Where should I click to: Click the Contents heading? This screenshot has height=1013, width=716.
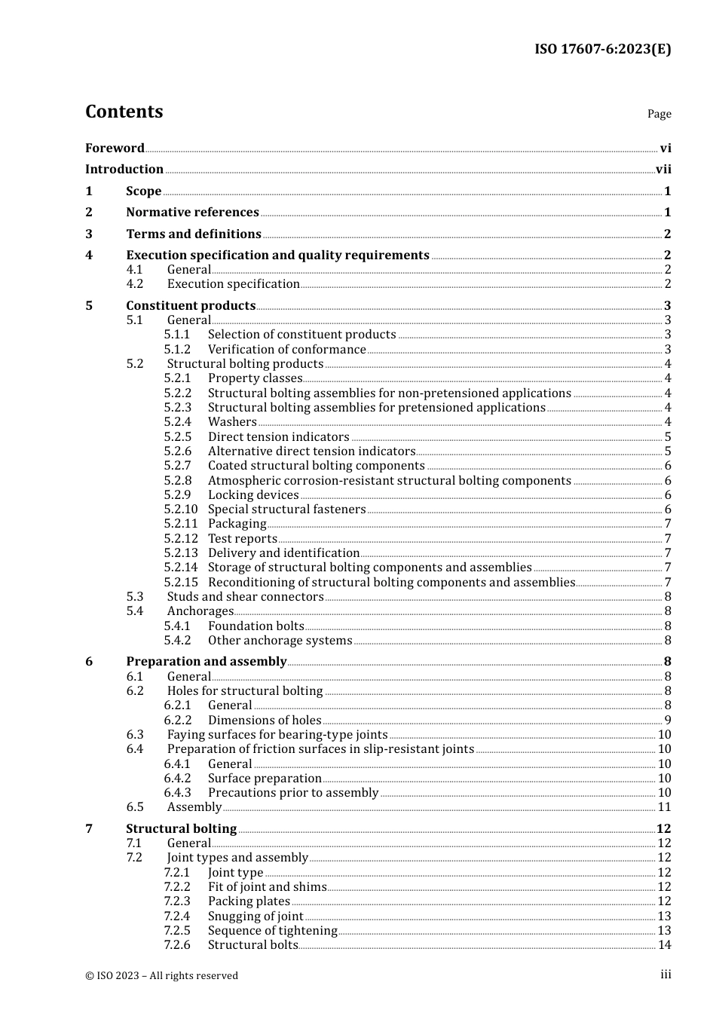(x=124, y=112)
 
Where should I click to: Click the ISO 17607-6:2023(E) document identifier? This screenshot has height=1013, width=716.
(x=602, y=49)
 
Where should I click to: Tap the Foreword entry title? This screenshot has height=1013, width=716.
(x=115, y=148)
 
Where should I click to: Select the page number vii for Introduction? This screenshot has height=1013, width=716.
(x=663, y=170)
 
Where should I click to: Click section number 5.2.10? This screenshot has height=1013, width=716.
(x=181, y=510)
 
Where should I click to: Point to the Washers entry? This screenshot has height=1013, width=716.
(x=232, y=422)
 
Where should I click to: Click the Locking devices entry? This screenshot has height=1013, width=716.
(x=253, y=495)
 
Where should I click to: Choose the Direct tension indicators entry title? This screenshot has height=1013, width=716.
(x=278, y=437)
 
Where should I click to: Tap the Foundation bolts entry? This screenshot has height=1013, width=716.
(x=255, y=626)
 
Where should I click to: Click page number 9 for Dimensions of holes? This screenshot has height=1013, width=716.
(x=668, y=721)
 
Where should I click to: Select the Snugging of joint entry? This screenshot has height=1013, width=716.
(x=255, y=917)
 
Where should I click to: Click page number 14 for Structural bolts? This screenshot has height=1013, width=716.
(x=664, y=945)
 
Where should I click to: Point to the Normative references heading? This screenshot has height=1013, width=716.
(x=192, y=213)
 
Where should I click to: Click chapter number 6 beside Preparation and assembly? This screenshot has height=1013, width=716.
(x=89, y=662)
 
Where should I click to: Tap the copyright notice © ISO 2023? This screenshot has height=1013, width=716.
(x=161, y=975)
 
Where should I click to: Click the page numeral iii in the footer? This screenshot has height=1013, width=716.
(x=666, y=975)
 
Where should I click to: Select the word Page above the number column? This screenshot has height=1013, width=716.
(x=659, y=114)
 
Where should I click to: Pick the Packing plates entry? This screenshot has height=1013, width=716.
(x=249, y=901)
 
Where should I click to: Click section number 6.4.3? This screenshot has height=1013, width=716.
(x=178, y=793)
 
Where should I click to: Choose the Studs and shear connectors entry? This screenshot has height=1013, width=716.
(x=245, y=597)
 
